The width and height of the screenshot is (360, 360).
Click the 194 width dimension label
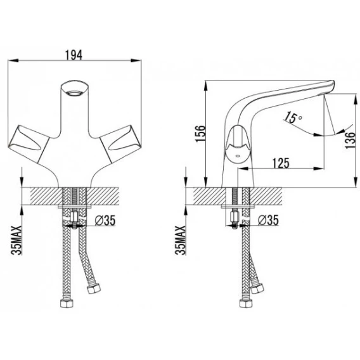click(x=74, y=55)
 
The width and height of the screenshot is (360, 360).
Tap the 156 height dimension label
click(x=200, y=134)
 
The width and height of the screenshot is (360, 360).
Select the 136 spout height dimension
click(x=350, y=141)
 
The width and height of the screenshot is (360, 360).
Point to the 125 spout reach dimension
click(x=281, y=163)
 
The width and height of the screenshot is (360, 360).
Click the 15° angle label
click(x=293, y=118)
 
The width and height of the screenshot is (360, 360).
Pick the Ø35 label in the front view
click(x=105, y=221)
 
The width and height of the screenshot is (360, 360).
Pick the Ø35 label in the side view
click(x=268, y=220)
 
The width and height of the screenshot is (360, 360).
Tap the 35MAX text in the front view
click(x=17, y=240)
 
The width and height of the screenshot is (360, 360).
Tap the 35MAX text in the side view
click(x=180, y=240)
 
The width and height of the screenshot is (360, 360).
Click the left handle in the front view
click(x=29, y=144)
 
